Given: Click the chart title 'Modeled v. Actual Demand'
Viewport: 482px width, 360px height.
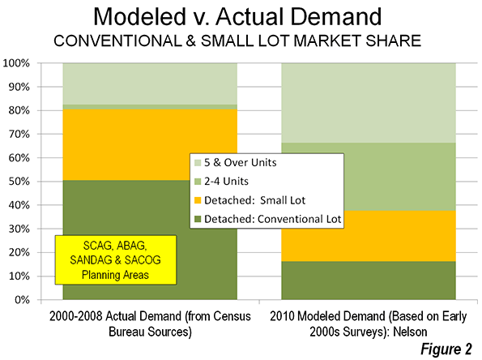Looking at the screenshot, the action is coord(237,16).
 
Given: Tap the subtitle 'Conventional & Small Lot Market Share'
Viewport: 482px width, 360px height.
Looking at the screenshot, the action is coord(237,41).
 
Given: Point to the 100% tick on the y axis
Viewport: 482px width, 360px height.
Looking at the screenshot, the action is coord(16,63).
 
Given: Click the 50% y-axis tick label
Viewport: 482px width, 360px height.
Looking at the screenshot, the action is coord(19,182).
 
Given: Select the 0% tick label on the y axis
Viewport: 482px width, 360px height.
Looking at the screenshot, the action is coord(22,300).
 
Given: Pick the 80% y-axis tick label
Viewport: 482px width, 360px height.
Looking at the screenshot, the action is coord(19,110).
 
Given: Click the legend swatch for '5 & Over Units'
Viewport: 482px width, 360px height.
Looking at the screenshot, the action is coord(198,162).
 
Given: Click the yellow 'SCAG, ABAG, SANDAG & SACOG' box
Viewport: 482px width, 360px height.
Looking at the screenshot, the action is coord(116,260).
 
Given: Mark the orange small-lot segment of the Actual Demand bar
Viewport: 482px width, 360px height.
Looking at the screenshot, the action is coord(150,144).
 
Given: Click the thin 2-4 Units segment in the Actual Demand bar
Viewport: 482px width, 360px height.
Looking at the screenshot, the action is coord(150,107).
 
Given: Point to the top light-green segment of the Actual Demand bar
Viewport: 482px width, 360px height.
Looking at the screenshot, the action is coord(150,84).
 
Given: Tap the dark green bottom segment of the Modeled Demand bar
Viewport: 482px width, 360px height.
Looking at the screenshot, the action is coord(369,281).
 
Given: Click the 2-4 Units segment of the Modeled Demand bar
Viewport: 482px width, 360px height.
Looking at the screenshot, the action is coord(399,177).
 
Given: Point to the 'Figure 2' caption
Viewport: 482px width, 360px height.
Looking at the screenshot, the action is coord(446,349).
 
